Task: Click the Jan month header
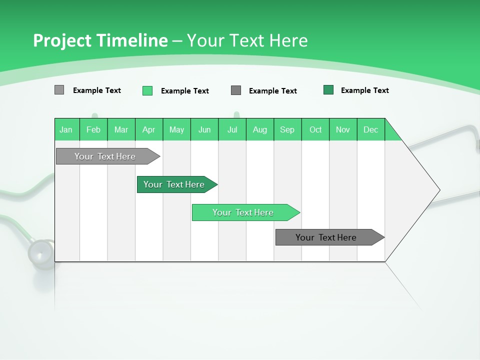coord(66,129)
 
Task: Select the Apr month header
coord(148,129)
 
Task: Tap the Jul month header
coord(232,129)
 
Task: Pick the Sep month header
coord(287,129)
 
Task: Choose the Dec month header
coord(370,129)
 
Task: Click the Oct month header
coord(315,129)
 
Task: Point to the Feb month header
coord(93,129)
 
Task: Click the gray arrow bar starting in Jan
coord(105,156)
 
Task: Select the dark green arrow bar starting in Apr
coord(174,184)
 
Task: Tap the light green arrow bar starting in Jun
coord(243,212)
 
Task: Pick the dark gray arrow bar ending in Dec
coord(326,237)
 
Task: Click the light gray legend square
coord(59,90)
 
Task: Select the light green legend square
coord(147,90)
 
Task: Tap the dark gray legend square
coord(236,90)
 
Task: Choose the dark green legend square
coord(328,90)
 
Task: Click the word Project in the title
coord(61,40)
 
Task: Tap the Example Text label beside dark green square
coord(364,90)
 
